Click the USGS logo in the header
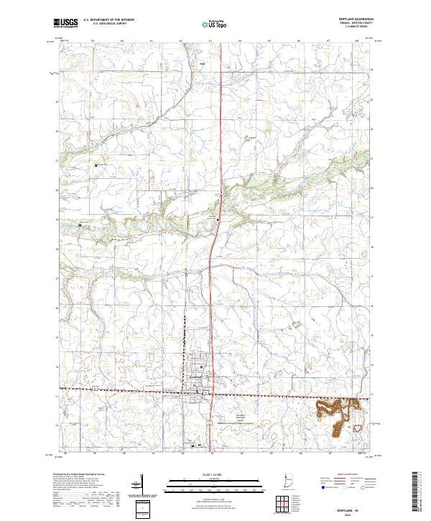pyautogui.click(x=65, y=24)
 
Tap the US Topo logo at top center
pyautogui.click(x=215, y=24)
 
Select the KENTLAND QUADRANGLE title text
pyautogui.click(x=356, y=19)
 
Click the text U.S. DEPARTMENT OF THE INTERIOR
pyautogui.click(x=110, y=20)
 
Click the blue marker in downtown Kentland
pyautogui.click(x=200, y=391)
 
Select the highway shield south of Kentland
pyautogui.click(x=208, y=424)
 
